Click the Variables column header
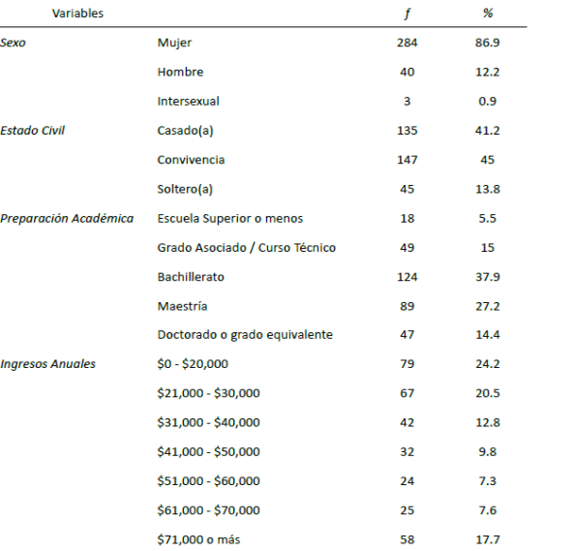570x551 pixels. tap(77, 14)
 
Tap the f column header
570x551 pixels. tap(407, 14)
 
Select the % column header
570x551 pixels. tap(488, 14)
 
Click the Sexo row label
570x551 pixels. tap(14, 43)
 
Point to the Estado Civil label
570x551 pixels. tap(32, 130)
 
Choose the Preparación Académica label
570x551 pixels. tap(67, 218)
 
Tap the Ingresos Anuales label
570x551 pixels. tap(48, 364)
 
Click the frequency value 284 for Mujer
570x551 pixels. tap(407, 43)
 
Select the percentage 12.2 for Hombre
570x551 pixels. tap(488, 72)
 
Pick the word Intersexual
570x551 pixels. tap(189, 101)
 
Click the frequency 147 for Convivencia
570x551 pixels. tap(407, 160)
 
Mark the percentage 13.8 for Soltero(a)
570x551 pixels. tap(488, 189)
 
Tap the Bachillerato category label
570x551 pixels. tap(191, 277)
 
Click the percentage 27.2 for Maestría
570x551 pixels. tap(488, 306)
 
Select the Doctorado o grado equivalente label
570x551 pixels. tap(245, 335)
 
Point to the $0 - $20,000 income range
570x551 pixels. tap(193, 364)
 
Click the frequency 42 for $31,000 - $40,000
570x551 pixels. tap(407, 422)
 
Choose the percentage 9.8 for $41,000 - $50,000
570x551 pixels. tap(488, 451)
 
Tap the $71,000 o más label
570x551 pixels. tap(198, 539)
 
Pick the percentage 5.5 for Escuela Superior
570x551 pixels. tap(488, 218)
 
